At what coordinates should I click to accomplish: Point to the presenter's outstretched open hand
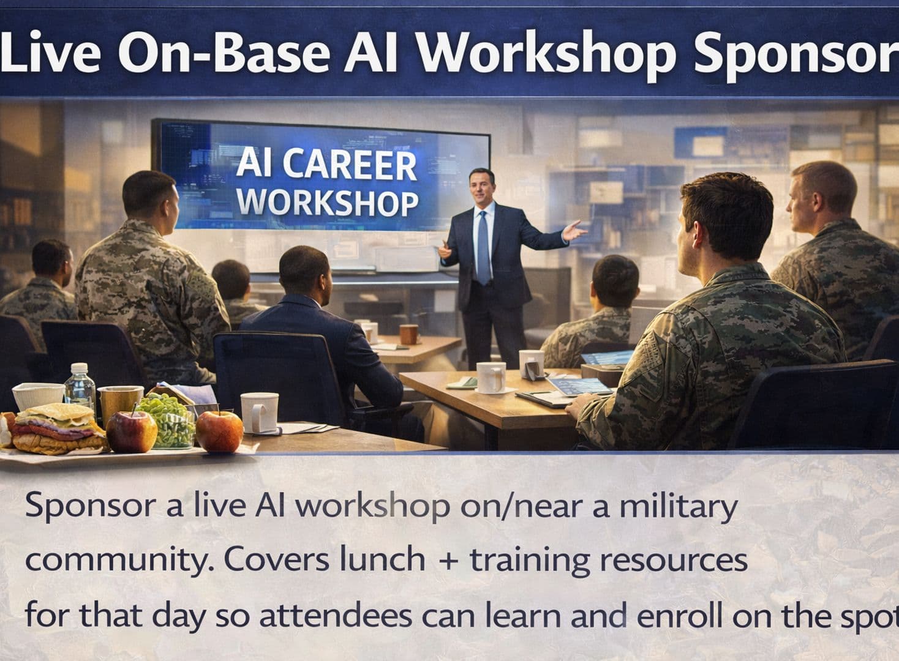pyautogui.click(x=574, y=231)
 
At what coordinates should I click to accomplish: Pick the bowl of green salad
pyautogui.click(x=168, y=420)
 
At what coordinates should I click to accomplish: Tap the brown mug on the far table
pyautogui.click(x=408, y=335)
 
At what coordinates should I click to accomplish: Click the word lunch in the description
pyautogui.click(x=382, y=559)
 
